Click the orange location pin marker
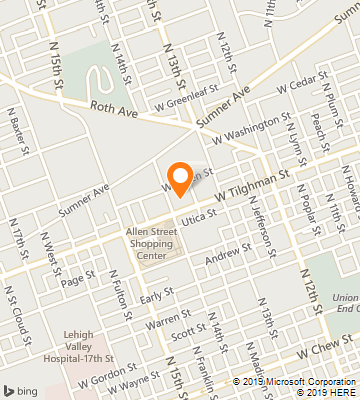tap(179, 177)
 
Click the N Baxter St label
tap(20, 135)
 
